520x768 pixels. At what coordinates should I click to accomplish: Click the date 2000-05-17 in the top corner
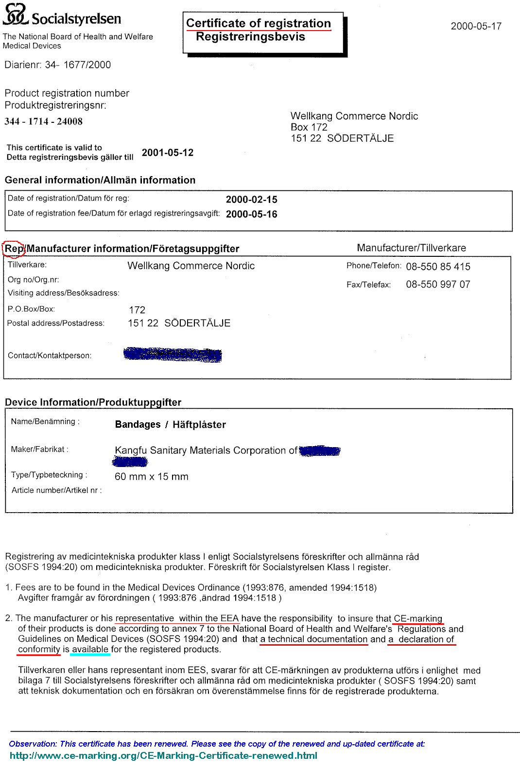tap(476, 26)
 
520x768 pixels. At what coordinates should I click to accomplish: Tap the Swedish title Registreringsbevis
tap(250, 37)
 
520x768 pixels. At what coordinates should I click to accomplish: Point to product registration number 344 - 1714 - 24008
tap(44, 121)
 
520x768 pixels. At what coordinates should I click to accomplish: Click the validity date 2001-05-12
tap(167, 153)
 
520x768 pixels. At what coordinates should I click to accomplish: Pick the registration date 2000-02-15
tap(251, 200)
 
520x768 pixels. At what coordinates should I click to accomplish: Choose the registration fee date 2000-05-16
tap(251, 214)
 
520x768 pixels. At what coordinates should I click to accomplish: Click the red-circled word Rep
tap(14, 249)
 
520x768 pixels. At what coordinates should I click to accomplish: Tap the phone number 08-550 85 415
tap(438, 267)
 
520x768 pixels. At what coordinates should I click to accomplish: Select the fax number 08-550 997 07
tap(438, 284)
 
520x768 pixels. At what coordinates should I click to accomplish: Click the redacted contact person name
tap(173, 355)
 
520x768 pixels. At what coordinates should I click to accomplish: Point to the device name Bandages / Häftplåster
tap(170, 425)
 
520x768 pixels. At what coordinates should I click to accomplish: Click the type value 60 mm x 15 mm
tap(151, 477)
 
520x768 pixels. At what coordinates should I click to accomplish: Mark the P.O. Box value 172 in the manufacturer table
tap(137, 310)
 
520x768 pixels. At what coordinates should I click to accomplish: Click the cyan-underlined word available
tap(90, 650)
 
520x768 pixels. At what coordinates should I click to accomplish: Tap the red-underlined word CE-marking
tap(417, 618)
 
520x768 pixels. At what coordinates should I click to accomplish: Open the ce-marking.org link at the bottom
tap(163, 755)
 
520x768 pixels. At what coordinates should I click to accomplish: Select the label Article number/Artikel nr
tap(56, 490)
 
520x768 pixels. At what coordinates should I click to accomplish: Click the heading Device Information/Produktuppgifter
tap(93, 402)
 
